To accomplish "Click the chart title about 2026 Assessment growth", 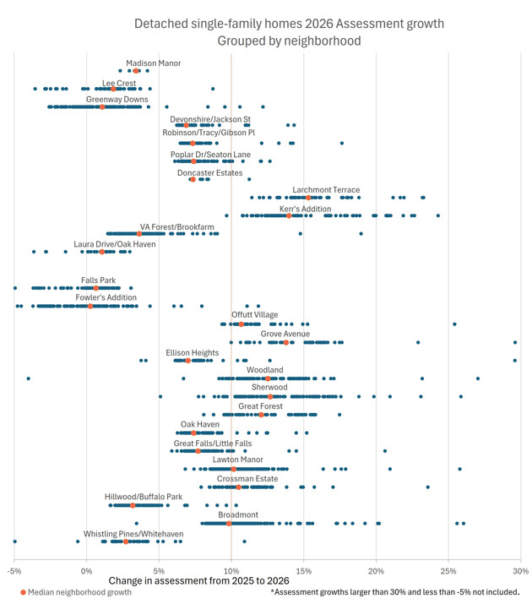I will (x=289, y=31).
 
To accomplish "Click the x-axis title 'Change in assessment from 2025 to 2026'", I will (x=199, y=581).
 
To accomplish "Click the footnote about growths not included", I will (x=395, y=593).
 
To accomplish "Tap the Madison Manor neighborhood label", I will (x=153, y=63).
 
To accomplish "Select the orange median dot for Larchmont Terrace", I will (x=308, y=198).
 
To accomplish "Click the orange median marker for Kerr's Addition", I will (x=289, y=215).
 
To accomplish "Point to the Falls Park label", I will (x=98, y=280).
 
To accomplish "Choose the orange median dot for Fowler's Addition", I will (x=90, y=306).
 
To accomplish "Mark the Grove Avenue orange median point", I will (x=285, y=342).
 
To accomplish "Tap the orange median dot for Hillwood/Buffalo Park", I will (x=133, y=505).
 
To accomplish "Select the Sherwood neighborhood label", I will (x=269, y=387).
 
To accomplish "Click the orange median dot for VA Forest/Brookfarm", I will (x=139, y=234).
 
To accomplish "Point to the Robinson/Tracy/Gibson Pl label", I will (x=209, y=133).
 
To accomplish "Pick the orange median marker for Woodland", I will (x=268, y=378).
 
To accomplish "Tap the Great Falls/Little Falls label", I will (x=213, y=443).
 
